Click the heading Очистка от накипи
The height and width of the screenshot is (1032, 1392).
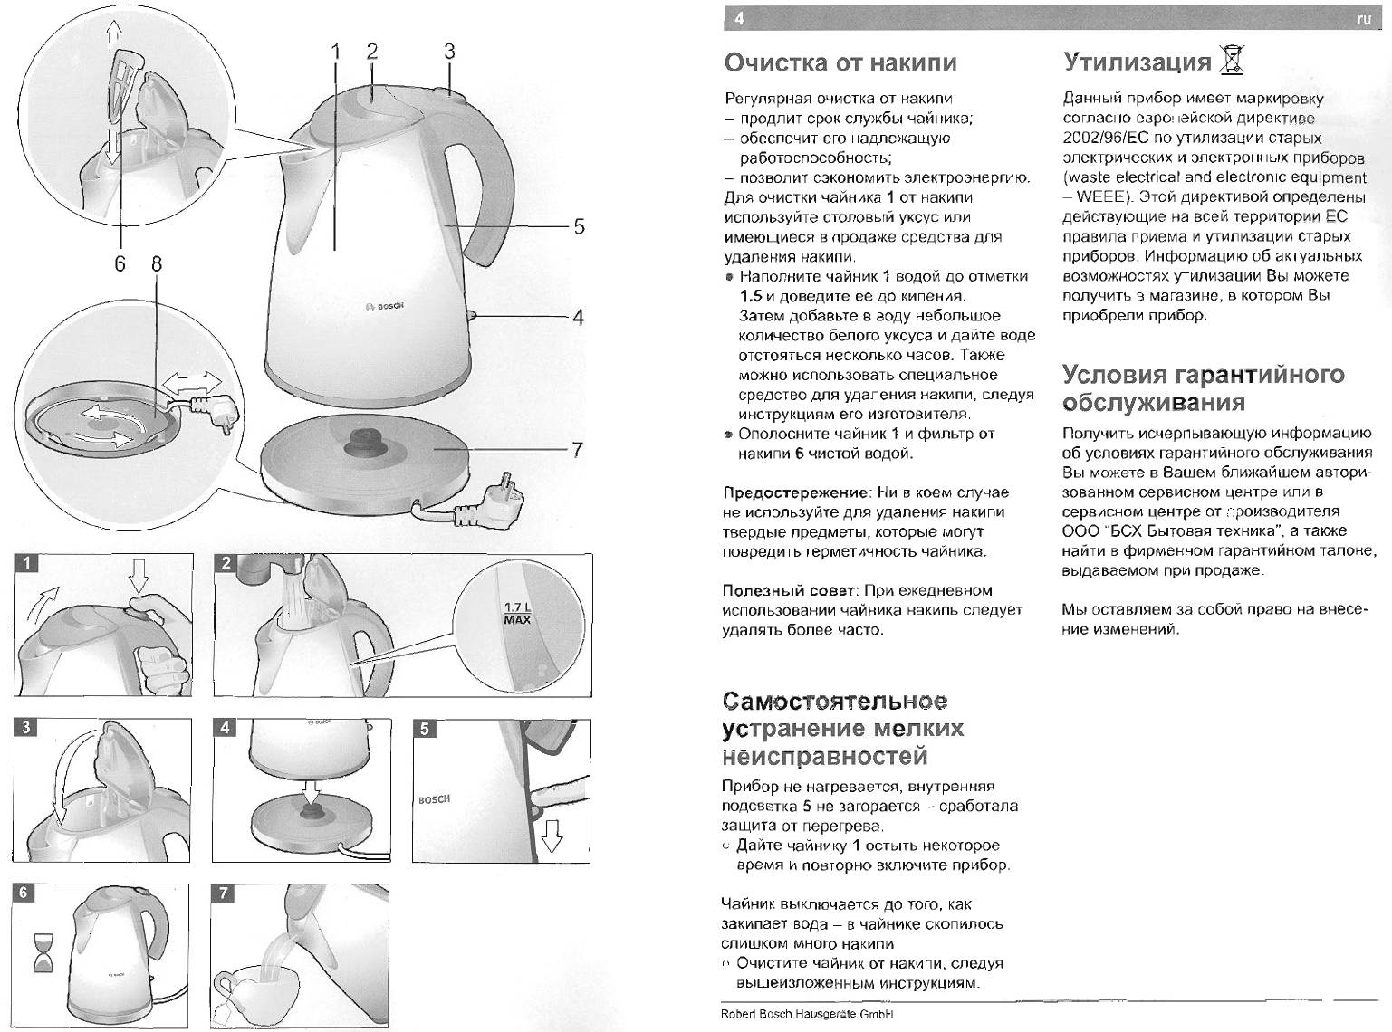(x=840, y=62)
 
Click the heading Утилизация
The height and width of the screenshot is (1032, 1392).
(x=1137, y=62)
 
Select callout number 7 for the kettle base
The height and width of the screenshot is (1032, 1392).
(x=578, y=450)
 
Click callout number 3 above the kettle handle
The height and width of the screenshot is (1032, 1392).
(x=448, y=52)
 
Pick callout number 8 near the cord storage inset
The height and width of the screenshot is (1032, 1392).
(x=157, y=263)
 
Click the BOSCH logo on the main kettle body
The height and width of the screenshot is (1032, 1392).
(x=384, y=307)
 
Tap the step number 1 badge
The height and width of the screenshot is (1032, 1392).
(x=27, y=563)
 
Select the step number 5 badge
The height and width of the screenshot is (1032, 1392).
(x=426, y=729)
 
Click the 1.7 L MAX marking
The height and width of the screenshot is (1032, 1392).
(x=517, y=613)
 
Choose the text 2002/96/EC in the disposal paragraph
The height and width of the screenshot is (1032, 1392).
(x=1101, y=139)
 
